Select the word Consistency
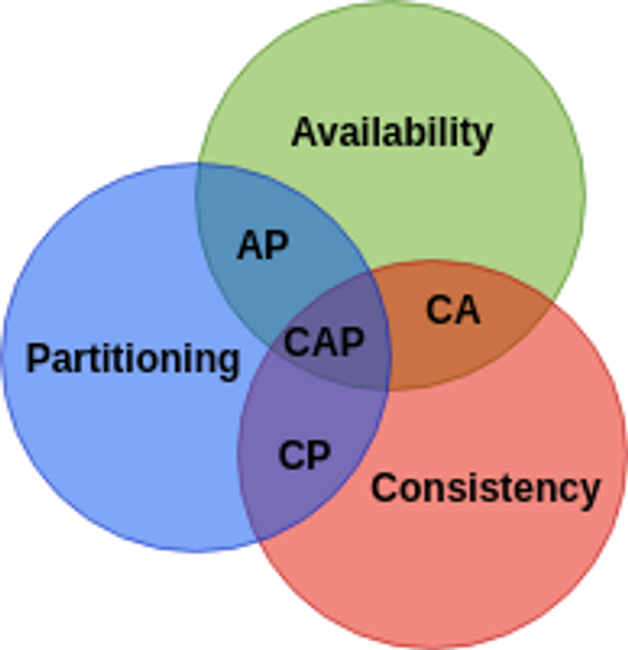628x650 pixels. coord(485,488)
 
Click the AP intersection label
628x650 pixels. coord(262,245)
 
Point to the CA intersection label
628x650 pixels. coord(453,310)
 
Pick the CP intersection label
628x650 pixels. coord(304,455)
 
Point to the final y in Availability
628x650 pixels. coord(482,137)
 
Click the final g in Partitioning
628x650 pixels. coord(229,364)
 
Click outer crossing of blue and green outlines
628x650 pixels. coord(198,164)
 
